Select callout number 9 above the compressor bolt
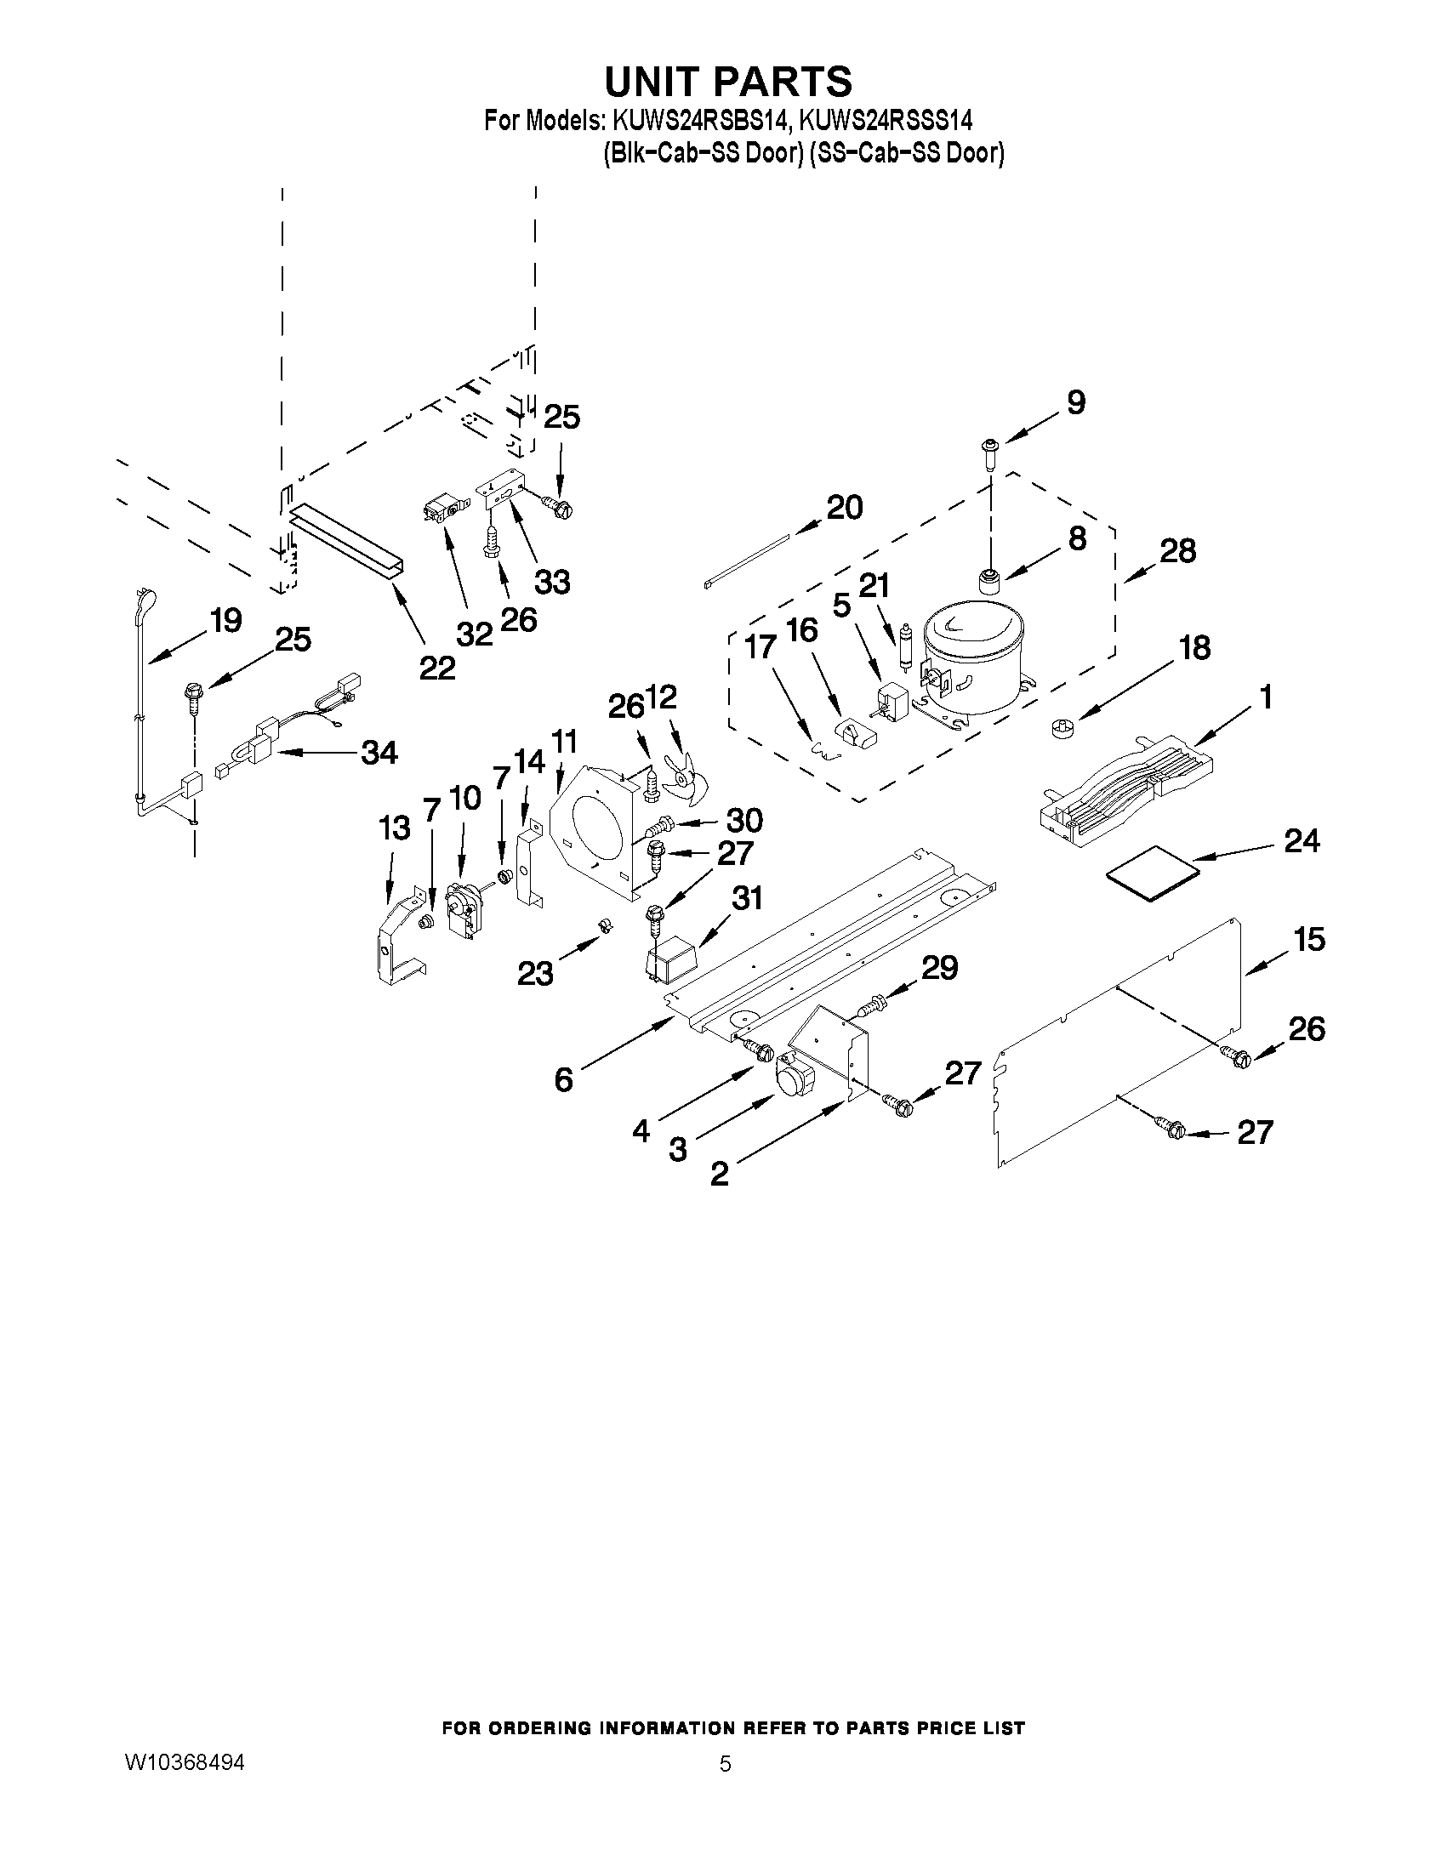coord(1075,402)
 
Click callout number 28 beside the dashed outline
coord(1177,551)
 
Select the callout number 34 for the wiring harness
coord(379,753)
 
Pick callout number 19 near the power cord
coord(225,620)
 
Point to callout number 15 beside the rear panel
coord(1309,940)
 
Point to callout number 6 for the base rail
coord(563,1080)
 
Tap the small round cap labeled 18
coord(1061,730)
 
